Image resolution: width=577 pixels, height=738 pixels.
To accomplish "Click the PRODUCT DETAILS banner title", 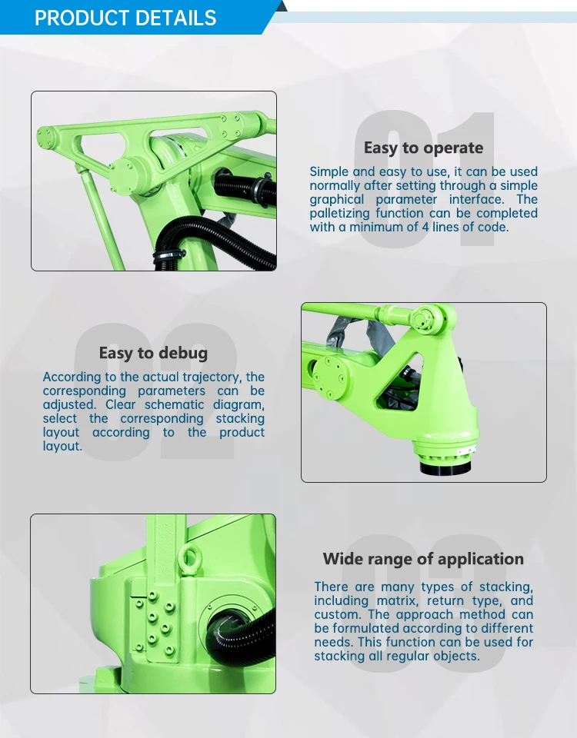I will (x=125, y=18).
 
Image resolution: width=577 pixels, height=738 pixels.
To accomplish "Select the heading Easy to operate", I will (x=423, y=148).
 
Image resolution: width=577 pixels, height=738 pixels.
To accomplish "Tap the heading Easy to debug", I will (x=153, y=353).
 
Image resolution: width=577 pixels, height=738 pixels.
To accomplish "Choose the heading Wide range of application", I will (x=423, y=559).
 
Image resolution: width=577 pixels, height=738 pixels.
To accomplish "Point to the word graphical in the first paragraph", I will (x=336, y=199).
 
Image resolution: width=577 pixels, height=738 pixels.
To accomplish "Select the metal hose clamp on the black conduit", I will (x=165, y=255).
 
